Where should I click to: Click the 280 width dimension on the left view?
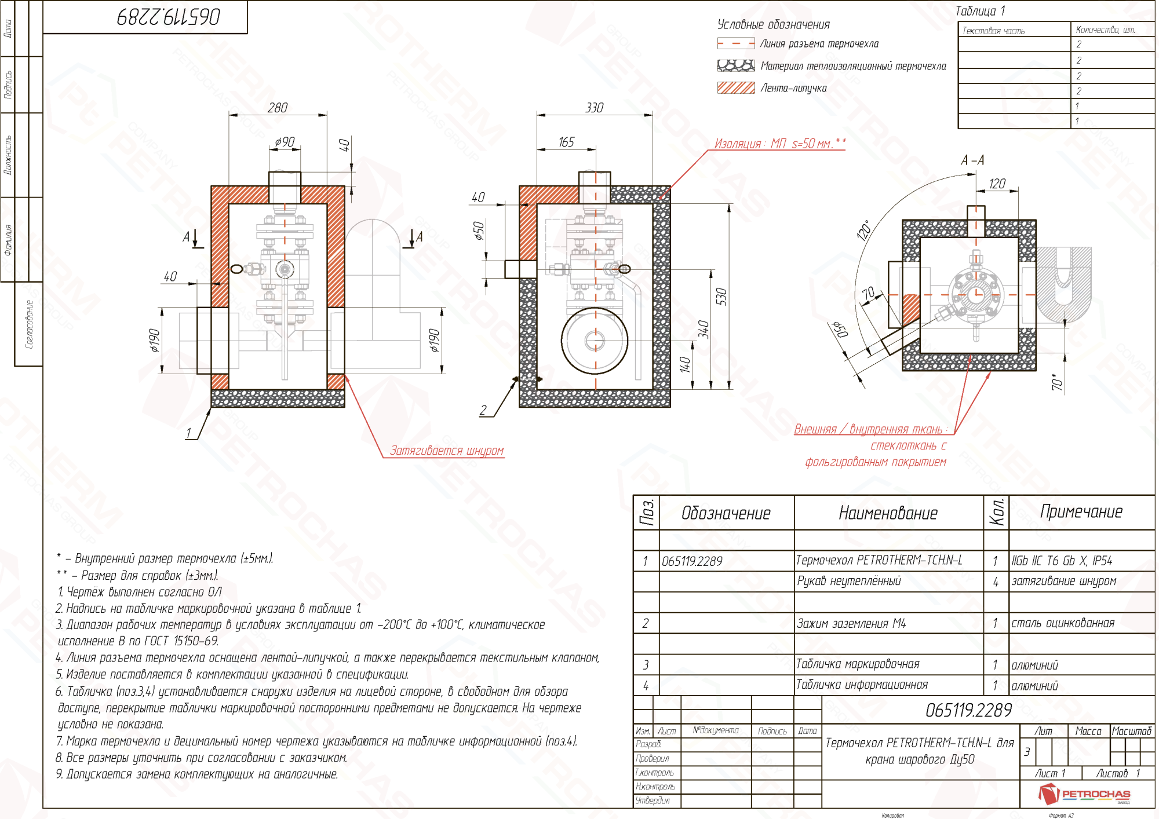pos(278,108)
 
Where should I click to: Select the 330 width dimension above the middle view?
pos(594,108)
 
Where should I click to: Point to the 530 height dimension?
pos(721,296)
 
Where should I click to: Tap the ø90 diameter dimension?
pos(285,142)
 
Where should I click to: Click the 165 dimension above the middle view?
pos(566,142)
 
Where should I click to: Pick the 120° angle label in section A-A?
pos(863,230)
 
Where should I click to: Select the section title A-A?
pos(972,160)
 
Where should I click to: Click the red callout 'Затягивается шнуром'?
pos(446,451)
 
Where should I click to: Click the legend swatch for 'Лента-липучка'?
pos(735,88)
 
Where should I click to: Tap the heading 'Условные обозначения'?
pos(773,24)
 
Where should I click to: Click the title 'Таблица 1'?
pos(980,11)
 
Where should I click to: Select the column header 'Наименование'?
pos(888,513)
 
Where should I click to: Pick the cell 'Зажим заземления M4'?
pos(851,624)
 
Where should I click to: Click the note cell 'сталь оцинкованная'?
pos(1062,624)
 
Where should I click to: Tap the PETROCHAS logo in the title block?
pos(1084,794)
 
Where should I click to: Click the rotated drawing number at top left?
pos(169,16)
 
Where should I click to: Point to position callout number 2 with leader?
pos(483,410)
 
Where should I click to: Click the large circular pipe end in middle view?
pos(595,341)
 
